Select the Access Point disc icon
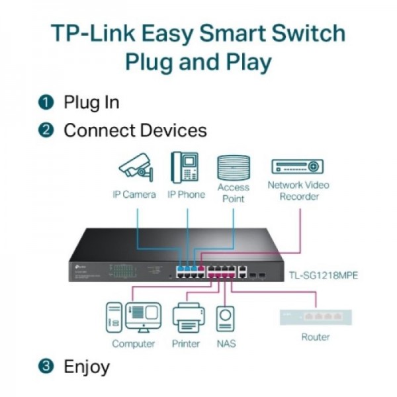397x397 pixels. click(233, 167)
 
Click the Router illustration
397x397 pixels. click(316, 317)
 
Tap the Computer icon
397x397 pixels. click(134, 318)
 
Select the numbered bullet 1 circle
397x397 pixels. click(46, 103)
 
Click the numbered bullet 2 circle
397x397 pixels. click(46, 130)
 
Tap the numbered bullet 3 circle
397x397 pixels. click(46, 366)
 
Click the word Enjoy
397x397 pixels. click(87, 366)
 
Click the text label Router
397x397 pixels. click(316, 337)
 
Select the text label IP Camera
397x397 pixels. click(134, 195)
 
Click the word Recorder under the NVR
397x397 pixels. click(298, 197)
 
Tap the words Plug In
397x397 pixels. click(91, 103)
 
